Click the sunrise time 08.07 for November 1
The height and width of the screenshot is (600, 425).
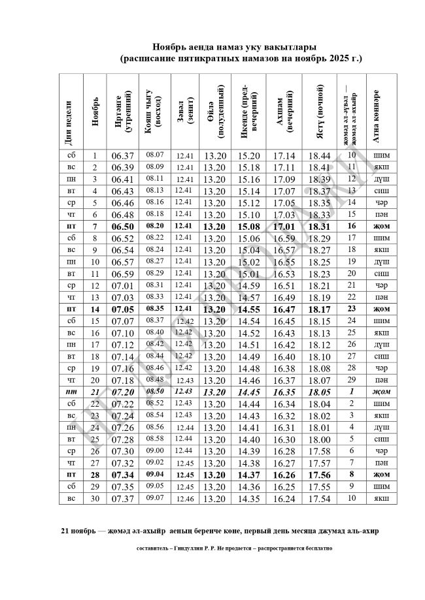(154, 155)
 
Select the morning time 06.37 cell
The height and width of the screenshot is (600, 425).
(122, 156)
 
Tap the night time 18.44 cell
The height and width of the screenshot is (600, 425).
(319, 156)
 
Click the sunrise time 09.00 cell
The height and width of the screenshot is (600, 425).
(154, 450)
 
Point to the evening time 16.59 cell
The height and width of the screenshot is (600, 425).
(284, 238)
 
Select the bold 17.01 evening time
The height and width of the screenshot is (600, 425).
(284, 227)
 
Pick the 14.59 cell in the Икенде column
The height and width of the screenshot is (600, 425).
(248, 285)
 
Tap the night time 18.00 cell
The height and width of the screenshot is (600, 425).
(319, 439)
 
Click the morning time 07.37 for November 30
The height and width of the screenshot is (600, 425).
(122, 499)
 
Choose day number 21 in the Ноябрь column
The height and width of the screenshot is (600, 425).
(95, 392)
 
